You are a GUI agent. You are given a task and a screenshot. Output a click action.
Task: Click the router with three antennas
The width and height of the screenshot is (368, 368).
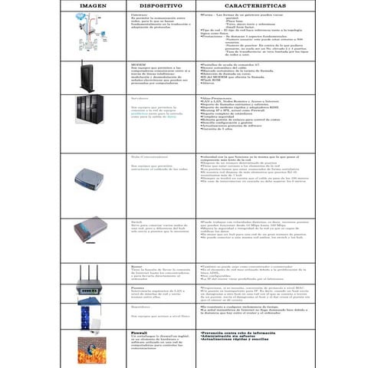click(92, 281)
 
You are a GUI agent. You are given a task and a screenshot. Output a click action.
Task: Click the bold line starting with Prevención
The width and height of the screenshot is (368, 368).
click(245, 334)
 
